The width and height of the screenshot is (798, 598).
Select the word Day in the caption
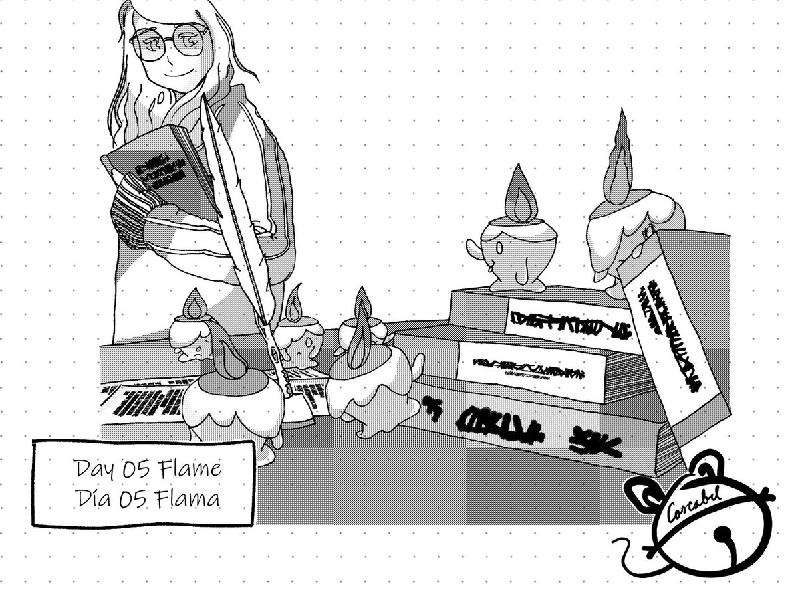(94, 470)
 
